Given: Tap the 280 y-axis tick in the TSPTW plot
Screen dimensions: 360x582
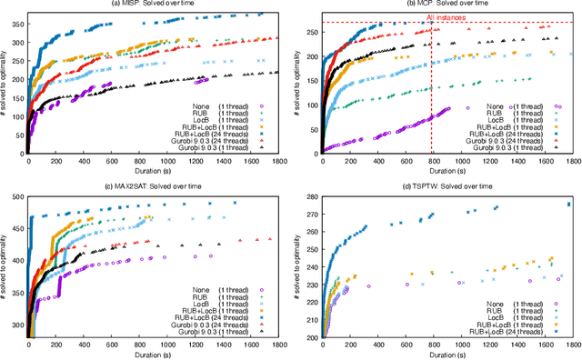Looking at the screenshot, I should coord(308,195).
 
